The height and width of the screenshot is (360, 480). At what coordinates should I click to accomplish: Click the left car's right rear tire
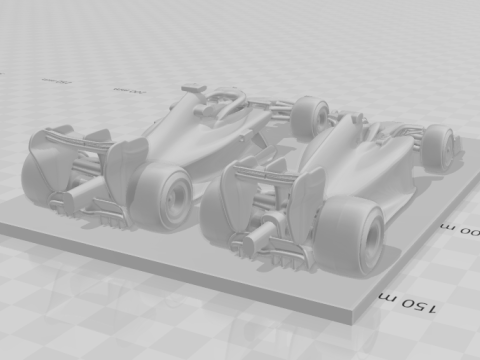[x=163, y=194]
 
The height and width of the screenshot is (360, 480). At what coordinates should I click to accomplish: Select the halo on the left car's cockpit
[x=225, y=100]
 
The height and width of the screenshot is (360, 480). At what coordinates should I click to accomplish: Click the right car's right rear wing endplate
[x=306, y=201]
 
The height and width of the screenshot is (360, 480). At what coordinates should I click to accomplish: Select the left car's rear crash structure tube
[x=82, y=191]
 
